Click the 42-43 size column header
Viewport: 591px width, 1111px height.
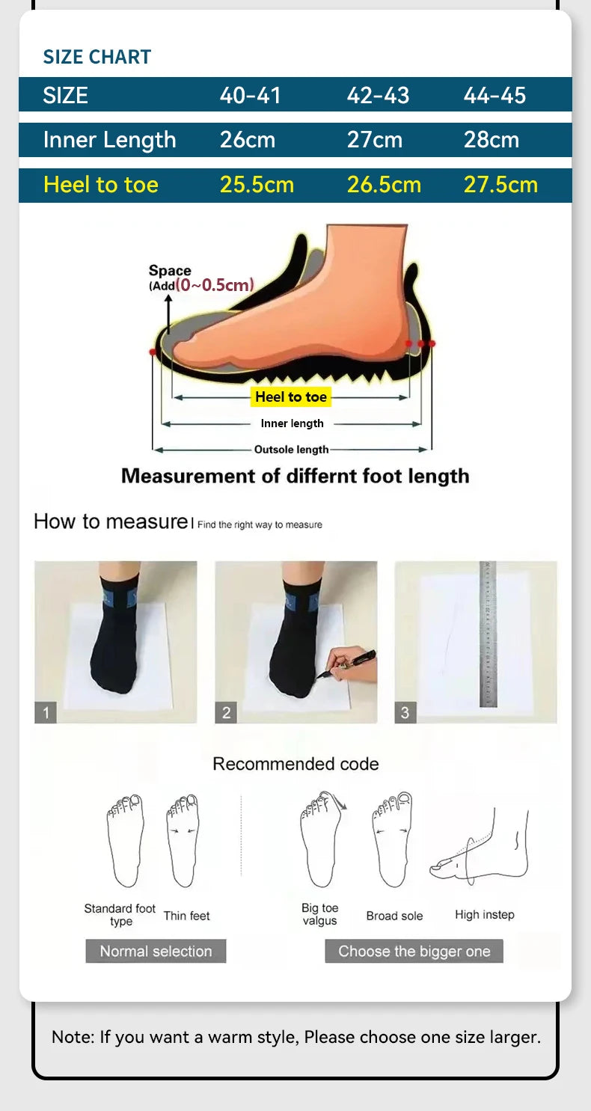pos(378,96)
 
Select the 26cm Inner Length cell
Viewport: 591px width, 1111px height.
pos(247,140)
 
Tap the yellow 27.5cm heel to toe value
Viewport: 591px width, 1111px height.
pos(500,186)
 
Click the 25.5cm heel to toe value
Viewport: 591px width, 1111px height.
pos(257,186)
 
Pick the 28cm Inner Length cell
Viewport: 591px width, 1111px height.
pos(491,140)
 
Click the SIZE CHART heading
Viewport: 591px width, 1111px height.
pos(97,57)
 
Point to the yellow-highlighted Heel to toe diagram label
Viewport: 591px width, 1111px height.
pos(291,397)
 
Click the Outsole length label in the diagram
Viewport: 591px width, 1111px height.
pos(291,450)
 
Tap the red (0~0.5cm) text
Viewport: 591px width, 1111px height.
pos(215,285)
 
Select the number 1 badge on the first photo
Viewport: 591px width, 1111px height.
pos(45,713)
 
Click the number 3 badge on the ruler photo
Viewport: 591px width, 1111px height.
pos(405,713)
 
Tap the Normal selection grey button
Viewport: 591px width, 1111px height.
pos(156,952)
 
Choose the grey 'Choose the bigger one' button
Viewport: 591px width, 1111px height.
pos(414,952)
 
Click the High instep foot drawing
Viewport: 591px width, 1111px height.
pos(480,845)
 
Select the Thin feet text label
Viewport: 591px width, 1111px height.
pos(186,916)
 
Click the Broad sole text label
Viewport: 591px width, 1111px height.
pos(394,916)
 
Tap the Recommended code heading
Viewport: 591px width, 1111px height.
pos(295,764)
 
